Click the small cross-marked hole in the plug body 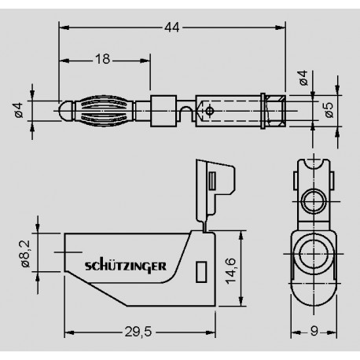208,110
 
